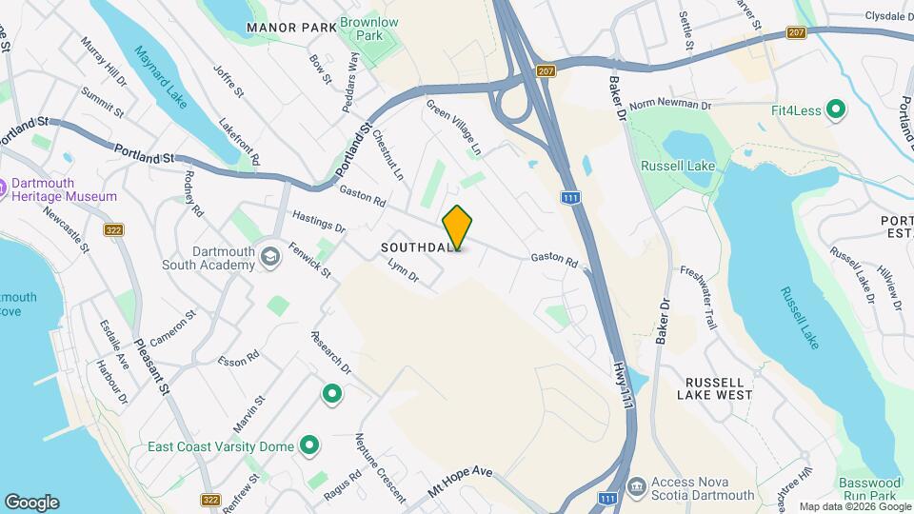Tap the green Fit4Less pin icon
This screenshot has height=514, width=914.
point(836,110)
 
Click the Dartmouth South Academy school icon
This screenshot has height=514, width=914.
point(270,257)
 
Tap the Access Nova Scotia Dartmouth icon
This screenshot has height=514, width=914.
point(635,487)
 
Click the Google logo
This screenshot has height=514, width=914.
point(31,503)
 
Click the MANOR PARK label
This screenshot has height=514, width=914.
point(291,28)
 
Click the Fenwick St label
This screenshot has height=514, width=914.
point(310,261)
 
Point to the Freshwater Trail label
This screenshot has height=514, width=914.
point(698,297)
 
